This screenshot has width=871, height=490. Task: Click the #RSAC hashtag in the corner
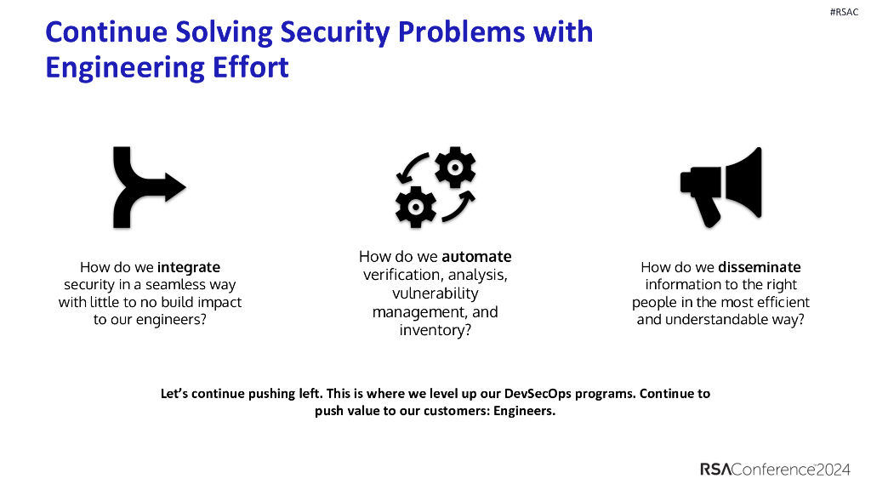844,13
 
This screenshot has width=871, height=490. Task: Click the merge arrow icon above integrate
145,186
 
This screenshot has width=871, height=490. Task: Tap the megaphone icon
720,187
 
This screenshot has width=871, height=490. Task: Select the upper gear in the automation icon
454,168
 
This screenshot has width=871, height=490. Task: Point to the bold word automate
476,256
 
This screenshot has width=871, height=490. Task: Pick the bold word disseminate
759,266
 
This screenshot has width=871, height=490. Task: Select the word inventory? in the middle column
435,329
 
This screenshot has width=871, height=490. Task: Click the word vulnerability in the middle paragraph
435,293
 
